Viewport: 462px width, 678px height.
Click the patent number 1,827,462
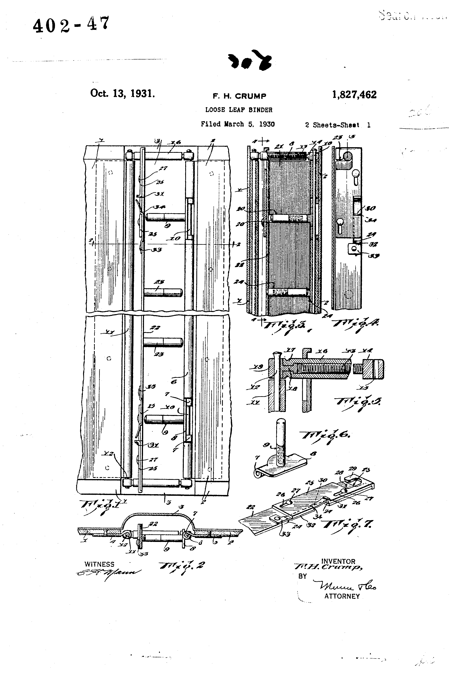[x=354, y=95]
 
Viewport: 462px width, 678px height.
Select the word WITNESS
[x=99, y=564]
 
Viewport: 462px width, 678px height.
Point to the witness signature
[x=108, y=573]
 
